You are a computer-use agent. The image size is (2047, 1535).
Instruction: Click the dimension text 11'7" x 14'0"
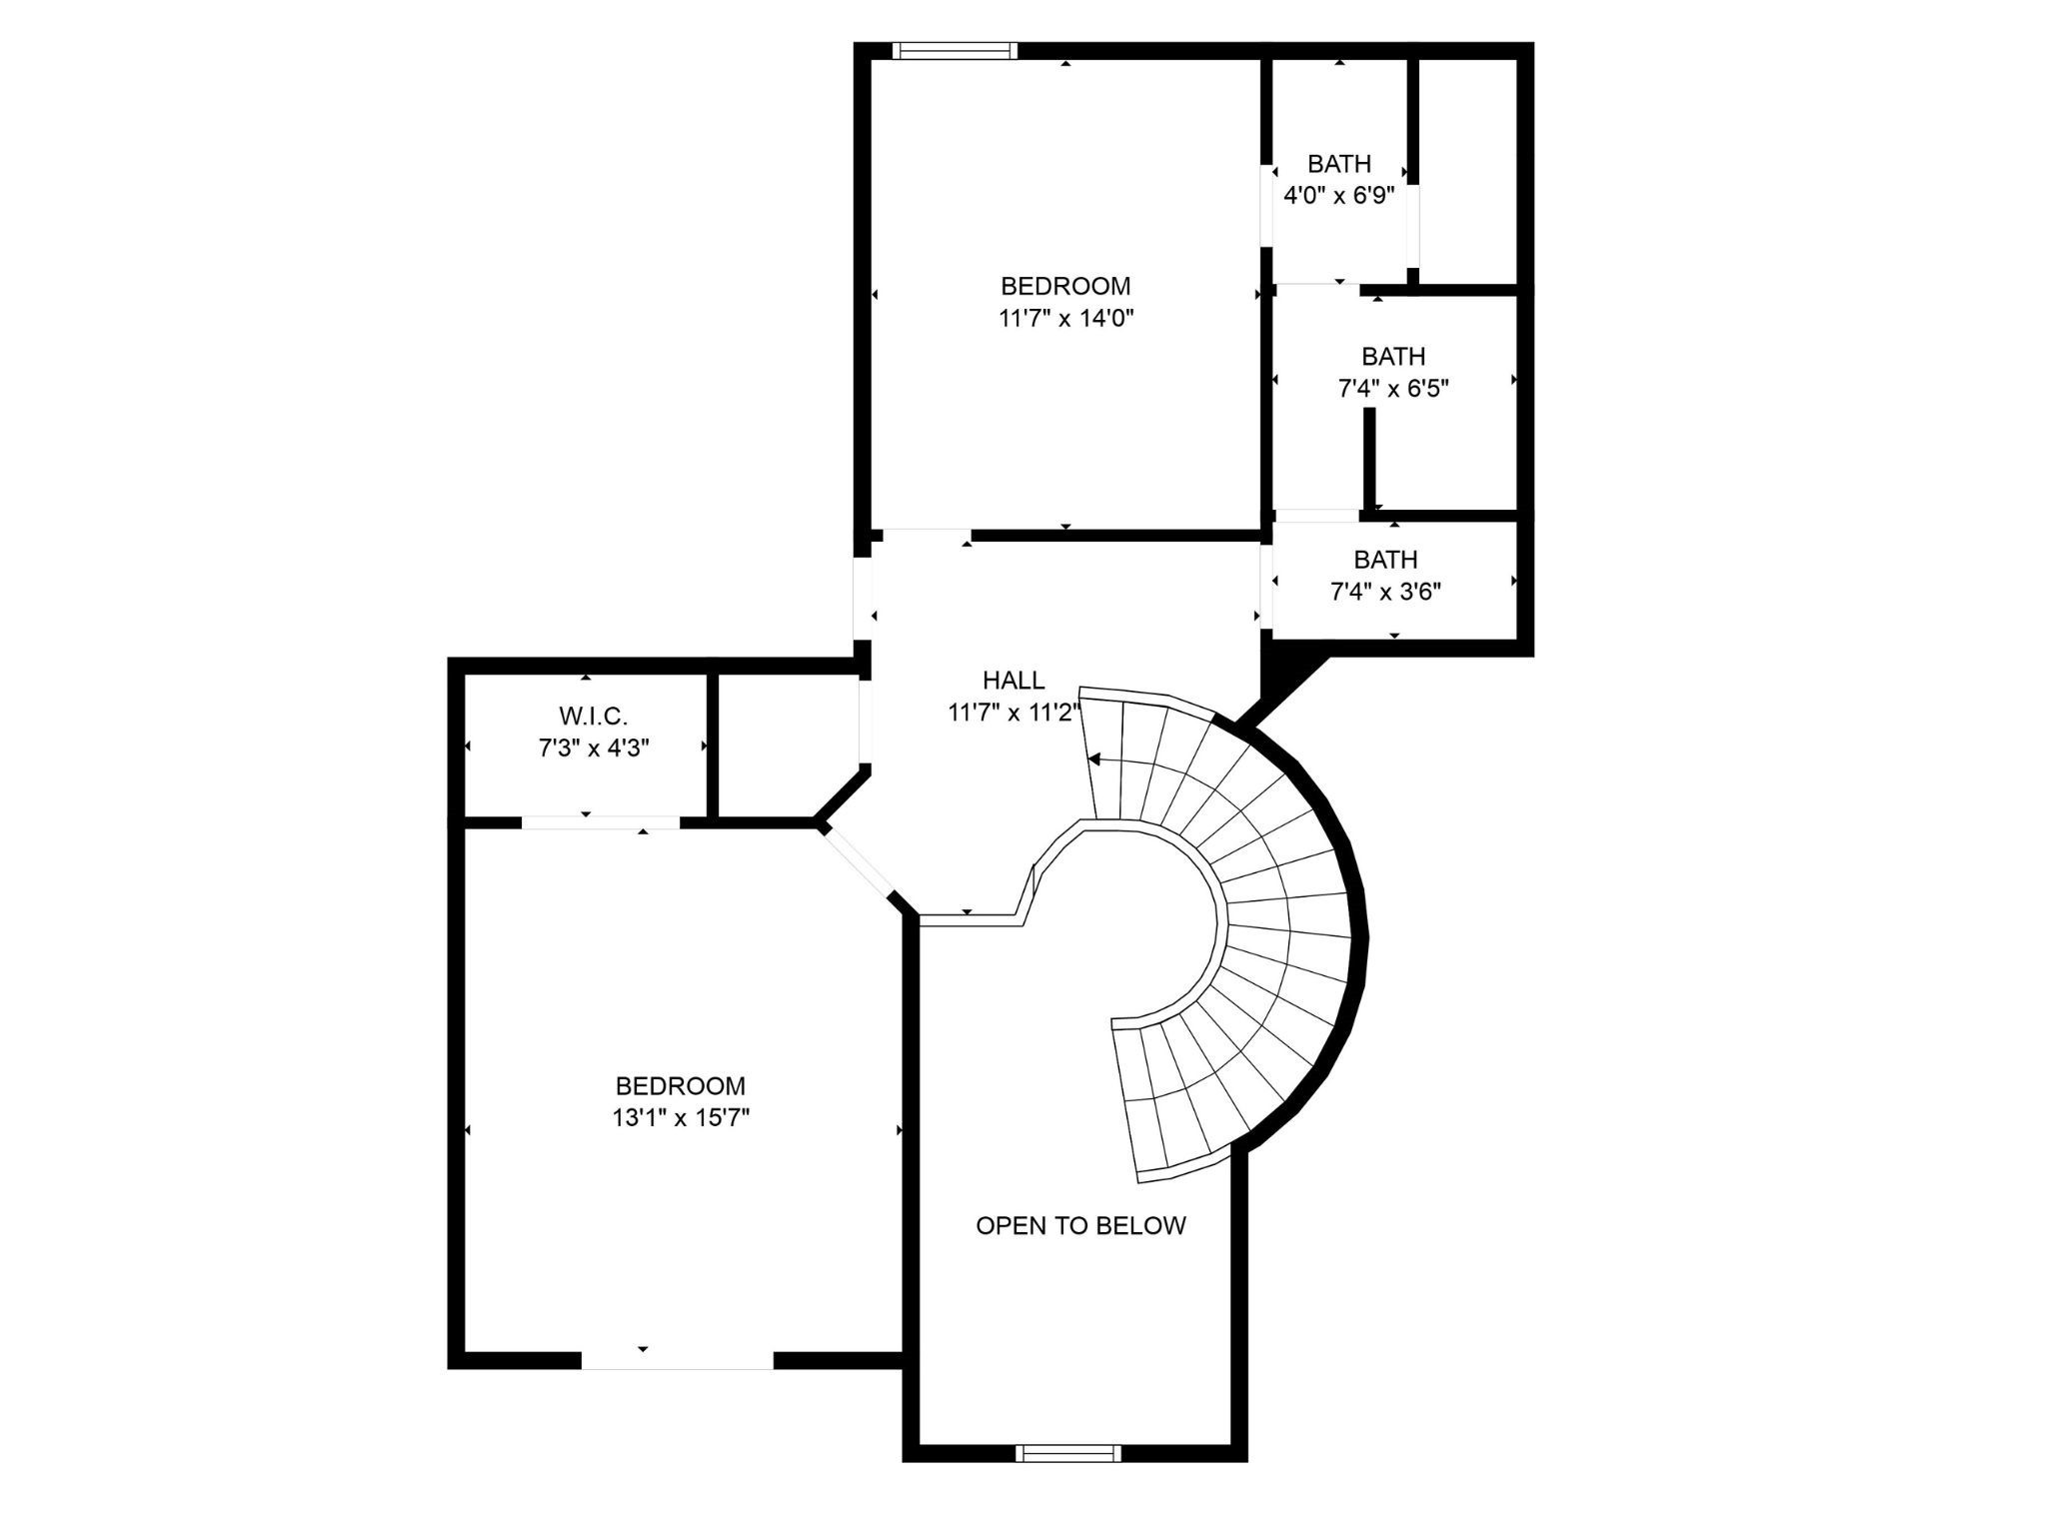pyautogui.click(x=1065, y=319)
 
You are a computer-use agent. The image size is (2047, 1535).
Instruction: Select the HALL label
pyautogui.click(x=1014, y=681)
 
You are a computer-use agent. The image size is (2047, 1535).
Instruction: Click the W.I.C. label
pyautogui.click(x=593, y=716)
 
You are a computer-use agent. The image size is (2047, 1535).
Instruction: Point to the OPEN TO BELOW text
pyautogui.click(x=1080, y=1226)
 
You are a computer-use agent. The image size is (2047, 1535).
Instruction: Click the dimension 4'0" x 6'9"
pyautogui.click(x=1338, y=196)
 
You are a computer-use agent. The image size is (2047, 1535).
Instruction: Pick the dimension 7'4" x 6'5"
pyautogui.click(x=1393, y=389)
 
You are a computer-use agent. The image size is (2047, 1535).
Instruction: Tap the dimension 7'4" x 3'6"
pyautogui.click(x=1385, y=592)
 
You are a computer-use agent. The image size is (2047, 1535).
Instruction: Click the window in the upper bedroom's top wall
pyautogui.click(x=955, y=51)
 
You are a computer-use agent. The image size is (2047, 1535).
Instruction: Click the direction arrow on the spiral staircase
pyautogui.click(x=1093, y=761)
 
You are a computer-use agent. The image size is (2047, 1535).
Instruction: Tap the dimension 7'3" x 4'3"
pyautogui.click(x=594, y=748)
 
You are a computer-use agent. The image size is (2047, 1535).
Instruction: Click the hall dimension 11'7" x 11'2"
pyautogui.click(x=1014, y=713)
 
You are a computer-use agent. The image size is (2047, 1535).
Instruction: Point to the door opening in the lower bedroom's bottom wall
pyautogui.click(x=678, y=1360)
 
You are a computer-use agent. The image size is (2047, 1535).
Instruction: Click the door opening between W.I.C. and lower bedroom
pyautogui.click(x=601, y=822)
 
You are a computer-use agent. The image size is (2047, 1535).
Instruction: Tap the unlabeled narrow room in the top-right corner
pyautogui.click(x=1467, y=170)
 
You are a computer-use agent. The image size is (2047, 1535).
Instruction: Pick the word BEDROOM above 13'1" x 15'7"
pyautogui.click(x=681, y=1086)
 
